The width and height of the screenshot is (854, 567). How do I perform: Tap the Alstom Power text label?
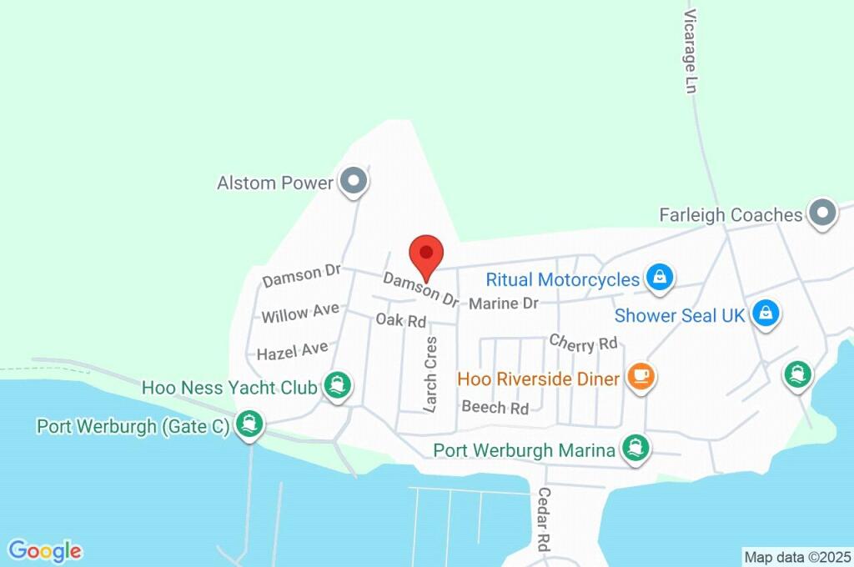(274, 183)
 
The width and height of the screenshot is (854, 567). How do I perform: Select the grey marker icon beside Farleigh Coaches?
(823, 213)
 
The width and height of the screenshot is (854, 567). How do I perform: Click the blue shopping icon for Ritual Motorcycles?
(660, 278)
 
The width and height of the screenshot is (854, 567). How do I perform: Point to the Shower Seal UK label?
(679, 316)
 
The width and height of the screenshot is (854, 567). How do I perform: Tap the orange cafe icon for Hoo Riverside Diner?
(640, 378)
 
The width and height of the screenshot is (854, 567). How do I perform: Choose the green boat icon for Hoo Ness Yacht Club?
(338, 386)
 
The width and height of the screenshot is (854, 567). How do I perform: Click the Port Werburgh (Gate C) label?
(133, 427)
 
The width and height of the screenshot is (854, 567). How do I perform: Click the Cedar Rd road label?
(543, 519)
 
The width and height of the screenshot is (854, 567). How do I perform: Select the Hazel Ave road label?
(292, 351)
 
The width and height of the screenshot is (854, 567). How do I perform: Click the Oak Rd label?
(400, 320)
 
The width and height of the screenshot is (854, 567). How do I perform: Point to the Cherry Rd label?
(583, 342)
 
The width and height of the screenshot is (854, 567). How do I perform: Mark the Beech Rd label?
(495, 408)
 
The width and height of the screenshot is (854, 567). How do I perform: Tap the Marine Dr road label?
(503, 304)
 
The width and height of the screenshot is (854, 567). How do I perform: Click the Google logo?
(45, 551)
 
